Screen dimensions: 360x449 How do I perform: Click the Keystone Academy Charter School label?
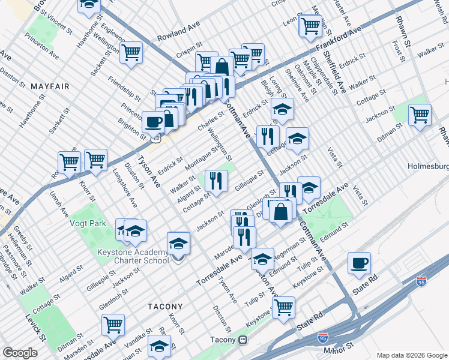(x=133, y=256)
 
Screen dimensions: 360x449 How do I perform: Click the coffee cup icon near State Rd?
(x=359, y=263)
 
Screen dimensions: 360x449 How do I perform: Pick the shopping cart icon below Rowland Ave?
(x=131, y=52)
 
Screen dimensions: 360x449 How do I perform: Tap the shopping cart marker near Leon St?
(x=310, y=25)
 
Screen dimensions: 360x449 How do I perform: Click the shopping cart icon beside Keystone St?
(x=283, y=307)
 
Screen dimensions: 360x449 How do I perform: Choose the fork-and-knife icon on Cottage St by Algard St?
(x=215, y=179)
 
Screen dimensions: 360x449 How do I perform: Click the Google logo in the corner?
(x=20, y=353)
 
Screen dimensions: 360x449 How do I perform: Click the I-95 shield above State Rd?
(x=421, y=280)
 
